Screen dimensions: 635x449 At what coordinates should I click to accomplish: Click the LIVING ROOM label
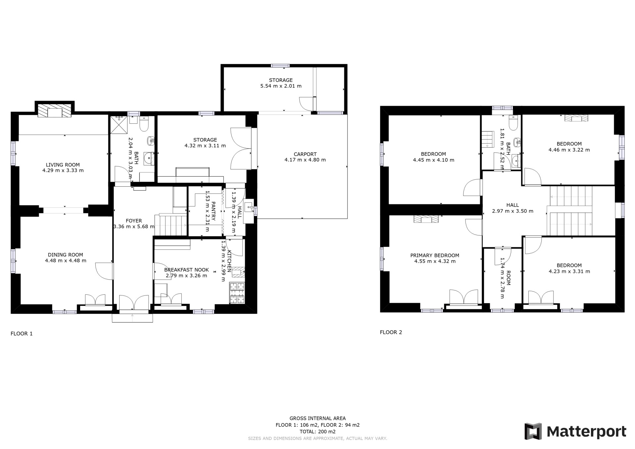63,165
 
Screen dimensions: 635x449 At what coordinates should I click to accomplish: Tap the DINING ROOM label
66,255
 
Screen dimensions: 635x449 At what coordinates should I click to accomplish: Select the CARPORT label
305,154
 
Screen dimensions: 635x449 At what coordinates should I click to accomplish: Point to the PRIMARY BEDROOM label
435,256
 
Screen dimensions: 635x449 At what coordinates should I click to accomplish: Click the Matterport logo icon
533,431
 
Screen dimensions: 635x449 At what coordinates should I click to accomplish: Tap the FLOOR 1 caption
22,334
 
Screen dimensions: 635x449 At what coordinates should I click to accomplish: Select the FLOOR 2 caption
391,332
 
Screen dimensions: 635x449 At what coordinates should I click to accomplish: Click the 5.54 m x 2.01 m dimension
281,86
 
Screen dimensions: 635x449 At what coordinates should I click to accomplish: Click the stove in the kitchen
237,293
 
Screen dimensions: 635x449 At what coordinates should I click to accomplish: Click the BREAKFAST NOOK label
186,270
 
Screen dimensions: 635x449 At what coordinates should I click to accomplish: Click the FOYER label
134,221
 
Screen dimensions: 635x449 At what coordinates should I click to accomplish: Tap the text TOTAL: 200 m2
317,432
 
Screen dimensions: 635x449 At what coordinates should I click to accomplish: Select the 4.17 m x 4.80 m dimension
305,160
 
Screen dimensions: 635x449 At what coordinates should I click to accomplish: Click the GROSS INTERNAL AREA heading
317,418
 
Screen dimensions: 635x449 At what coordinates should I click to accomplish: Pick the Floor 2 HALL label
513,205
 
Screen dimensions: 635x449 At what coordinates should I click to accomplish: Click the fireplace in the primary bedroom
426,219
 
